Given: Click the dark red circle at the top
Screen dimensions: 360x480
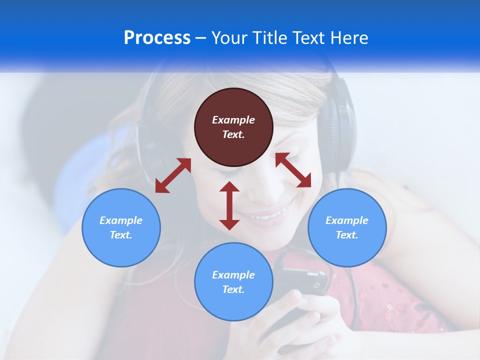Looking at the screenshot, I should [x=233, y=127].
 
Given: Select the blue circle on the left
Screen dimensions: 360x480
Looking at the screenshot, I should [x=121, y=227].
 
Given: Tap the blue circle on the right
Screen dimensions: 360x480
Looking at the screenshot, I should [x=347, y=227].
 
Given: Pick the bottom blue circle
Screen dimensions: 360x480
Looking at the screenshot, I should [x=233, y=282].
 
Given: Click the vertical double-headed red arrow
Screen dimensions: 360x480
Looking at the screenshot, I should [x=229, y=205].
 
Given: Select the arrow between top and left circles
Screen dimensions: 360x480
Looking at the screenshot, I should [x=173, y=175].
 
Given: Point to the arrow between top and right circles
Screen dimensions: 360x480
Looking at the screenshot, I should [x=293, y=170].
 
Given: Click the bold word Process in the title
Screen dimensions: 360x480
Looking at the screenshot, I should [x=157, y=38].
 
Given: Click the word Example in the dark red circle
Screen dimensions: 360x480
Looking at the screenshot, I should [x=233, y=120].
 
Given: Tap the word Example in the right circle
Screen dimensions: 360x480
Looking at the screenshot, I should [x=347, y=220].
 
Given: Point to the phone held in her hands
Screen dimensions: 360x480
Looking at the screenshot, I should [x=300, y=285].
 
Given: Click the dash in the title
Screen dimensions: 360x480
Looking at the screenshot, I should [x=201, y=38].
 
